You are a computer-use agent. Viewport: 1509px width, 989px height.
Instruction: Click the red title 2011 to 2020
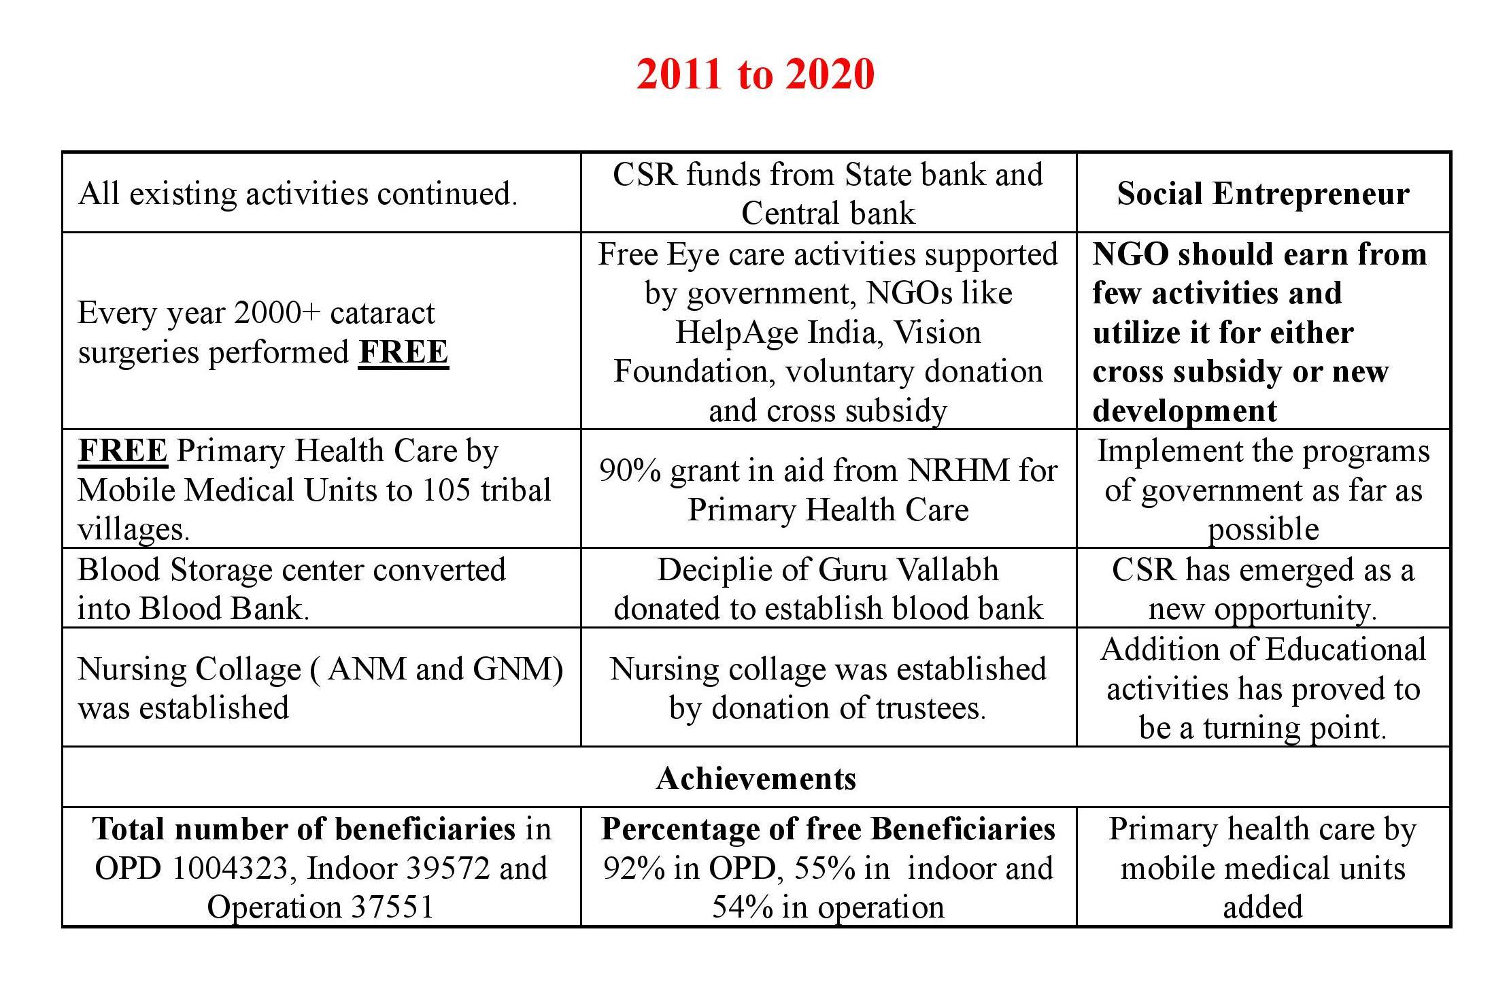755,73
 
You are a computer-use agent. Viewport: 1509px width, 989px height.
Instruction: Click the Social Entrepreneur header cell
1263,194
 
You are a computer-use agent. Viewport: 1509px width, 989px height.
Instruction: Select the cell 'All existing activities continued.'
298,194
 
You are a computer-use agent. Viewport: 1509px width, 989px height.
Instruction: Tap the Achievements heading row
756,778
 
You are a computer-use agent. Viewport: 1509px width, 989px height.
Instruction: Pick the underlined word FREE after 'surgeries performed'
403,352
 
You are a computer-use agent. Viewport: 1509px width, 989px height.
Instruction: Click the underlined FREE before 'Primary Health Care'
122,451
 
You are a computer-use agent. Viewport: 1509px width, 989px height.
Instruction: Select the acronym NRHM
960,471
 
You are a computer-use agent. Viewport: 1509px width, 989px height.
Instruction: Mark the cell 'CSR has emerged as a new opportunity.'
1263,589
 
